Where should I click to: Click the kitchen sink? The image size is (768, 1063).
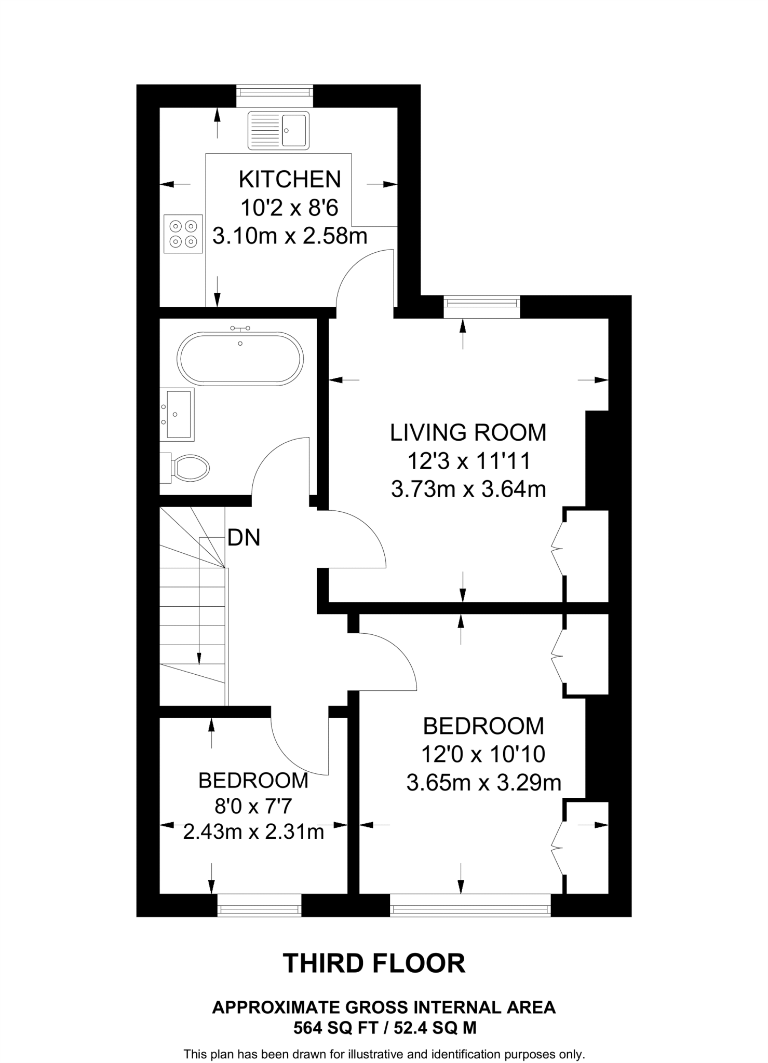pyautogui.click(x=278, y=130)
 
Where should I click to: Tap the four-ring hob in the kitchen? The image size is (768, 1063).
pyautogui.click(x=183, y=234)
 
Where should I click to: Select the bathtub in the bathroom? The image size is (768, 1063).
pyautogui.click(x=240, y=359)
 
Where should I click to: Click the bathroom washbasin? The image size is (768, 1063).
pyautogui.click(x=177, y=414)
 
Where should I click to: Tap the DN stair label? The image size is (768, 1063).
pyautogui.click(x=244, y=538)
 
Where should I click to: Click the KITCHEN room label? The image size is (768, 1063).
pyautogui.click(x=290, y=179)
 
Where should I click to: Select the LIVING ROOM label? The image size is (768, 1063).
pyautogui.click(x=468, y=432)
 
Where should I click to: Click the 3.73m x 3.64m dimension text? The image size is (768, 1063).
pyautogui.click(x=468, y=489)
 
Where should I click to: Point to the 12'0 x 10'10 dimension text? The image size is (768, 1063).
pyautogui.click(x=483, y=754)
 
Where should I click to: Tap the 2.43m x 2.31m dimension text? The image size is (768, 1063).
pyautogui.click(x=254, y=832)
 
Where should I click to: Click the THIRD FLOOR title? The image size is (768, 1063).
pyautogui.click(x=374, y=963)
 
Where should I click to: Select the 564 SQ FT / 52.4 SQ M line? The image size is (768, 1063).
pyautogui.click(x=385, y=1028)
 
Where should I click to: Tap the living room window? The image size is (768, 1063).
pyautogui.click(x=482, y=306)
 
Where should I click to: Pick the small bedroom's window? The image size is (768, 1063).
pyautogui.click(x=259, y=905)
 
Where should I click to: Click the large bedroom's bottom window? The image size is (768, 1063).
pyautogui.click(x=470, y=905)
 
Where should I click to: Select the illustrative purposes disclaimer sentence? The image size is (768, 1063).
pyautogui.click(x=385, y=1054)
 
